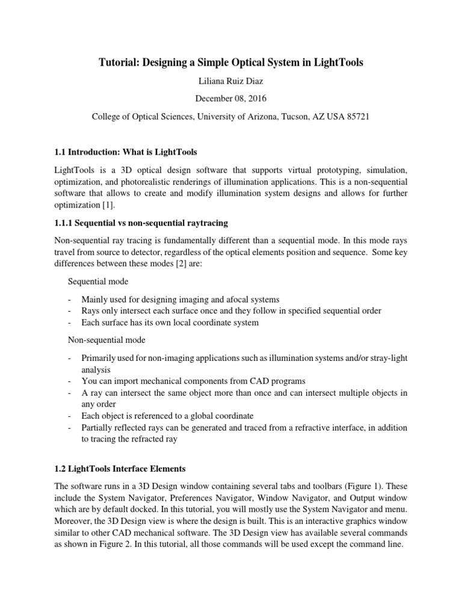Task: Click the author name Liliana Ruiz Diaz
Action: [231, 81]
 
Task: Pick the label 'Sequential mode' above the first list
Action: [98, 281]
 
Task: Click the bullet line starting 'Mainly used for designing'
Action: [180, 299]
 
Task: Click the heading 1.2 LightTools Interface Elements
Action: [128, 469]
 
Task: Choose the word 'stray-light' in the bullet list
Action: [386, 358]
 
